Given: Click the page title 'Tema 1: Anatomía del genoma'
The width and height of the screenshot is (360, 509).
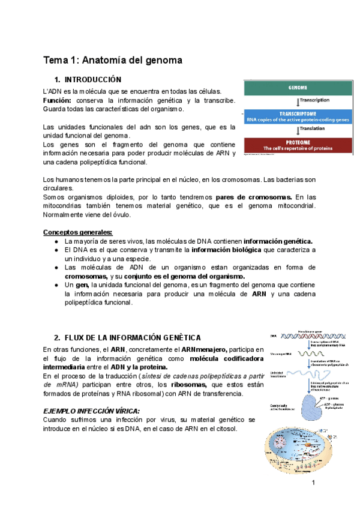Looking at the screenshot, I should [112, 60].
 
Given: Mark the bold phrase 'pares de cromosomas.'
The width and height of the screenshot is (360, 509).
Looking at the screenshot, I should [254, 197].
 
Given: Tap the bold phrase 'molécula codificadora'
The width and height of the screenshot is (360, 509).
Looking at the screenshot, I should [226, 358].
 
